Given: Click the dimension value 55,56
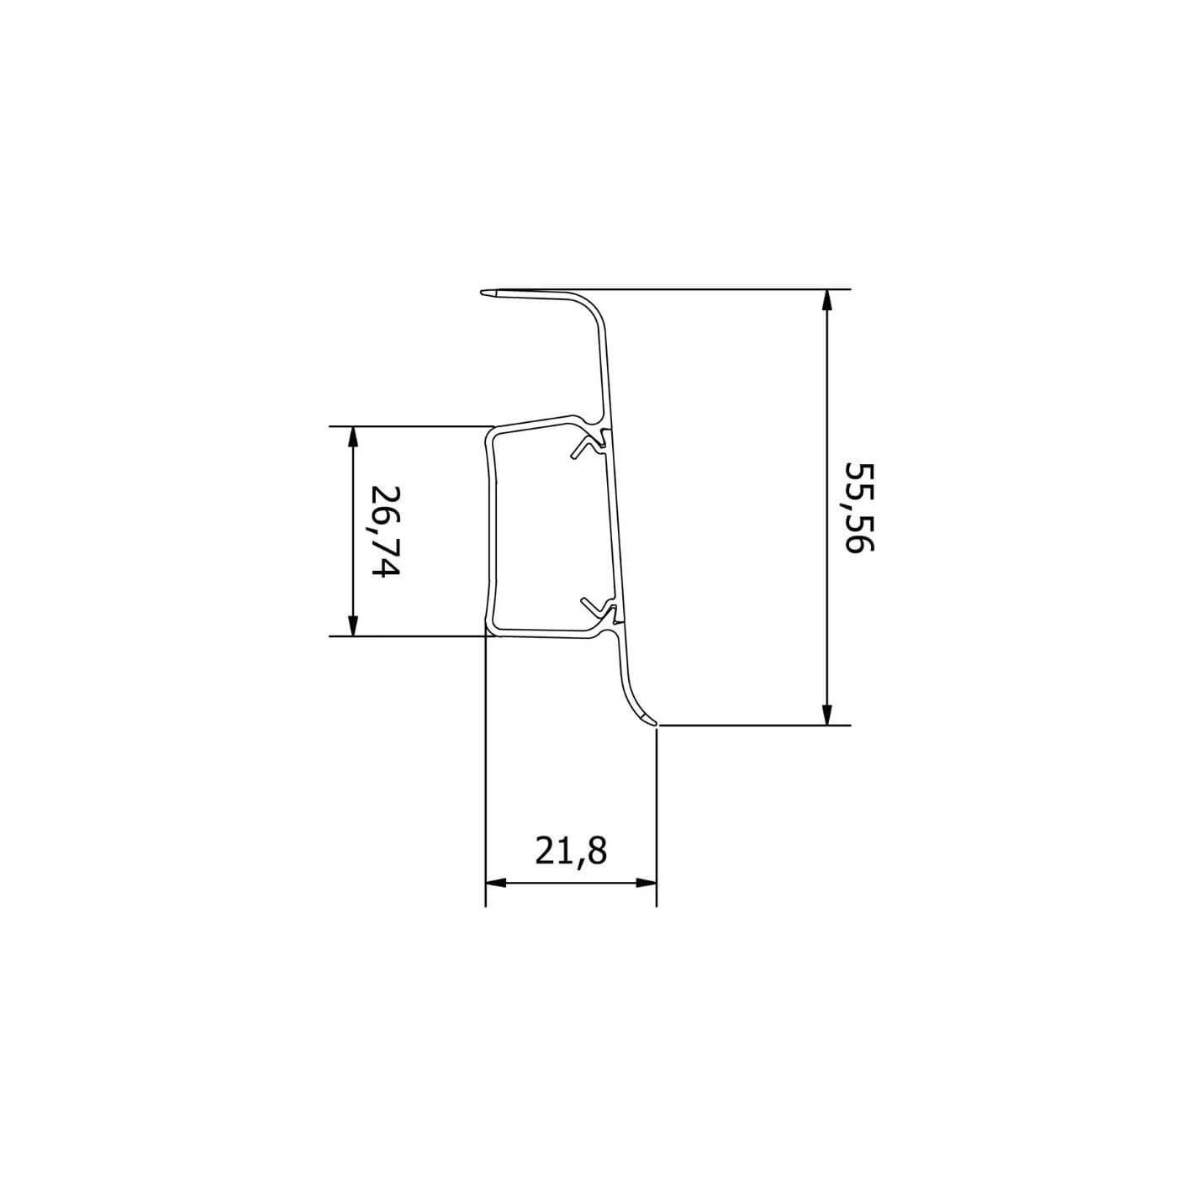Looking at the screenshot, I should coord(860,507).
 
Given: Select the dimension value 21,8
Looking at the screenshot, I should coord(571,852).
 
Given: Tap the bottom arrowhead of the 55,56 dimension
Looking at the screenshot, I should coord(827,714).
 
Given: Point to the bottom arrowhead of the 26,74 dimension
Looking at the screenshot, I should coord(353,625).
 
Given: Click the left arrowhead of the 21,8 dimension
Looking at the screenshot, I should coord(497,883).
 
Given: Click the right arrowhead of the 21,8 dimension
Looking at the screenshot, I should coord(646,883).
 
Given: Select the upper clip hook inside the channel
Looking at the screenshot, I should coord(588,446).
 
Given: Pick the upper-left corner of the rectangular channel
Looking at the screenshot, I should coord(491,435).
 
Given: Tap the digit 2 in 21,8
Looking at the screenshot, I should coord(546,852).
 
